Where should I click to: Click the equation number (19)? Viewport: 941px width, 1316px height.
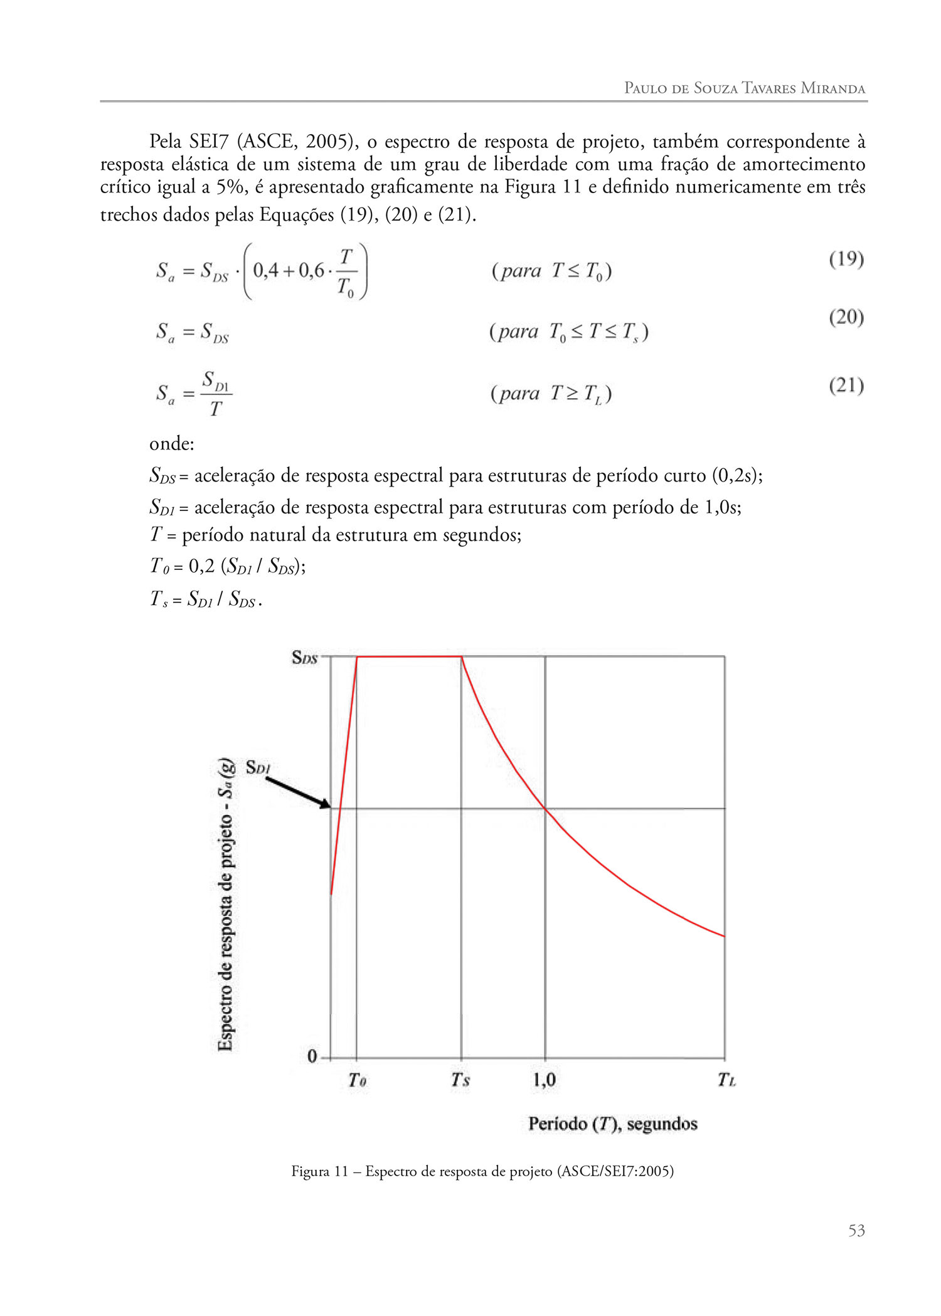coord(846,259)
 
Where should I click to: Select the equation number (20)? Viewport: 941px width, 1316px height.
coord(846,317)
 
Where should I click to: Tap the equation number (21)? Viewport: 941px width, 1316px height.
coord(846,385)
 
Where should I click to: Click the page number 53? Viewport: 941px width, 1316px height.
coord(856,1231)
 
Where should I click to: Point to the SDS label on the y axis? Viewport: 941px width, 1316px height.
coord(305,658)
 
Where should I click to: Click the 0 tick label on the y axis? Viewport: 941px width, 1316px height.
coord(312,1056)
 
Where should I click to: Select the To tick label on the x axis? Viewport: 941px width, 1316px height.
coord(357,1080)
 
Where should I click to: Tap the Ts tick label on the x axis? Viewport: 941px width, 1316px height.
coord(460,1080)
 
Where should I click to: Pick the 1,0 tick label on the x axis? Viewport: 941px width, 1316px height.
coord(545,1080)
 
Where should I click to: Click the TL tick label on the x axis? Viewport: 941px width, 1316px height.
coord(726,1080)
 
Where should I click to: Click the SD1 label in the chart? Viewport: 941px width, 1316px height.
coord(257,767)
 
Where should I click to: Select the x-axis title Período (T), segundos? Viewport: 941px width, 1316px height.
coord(613,1124)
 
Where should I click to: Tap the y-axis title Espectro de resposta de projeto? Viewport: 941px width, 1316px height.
coord(226,906)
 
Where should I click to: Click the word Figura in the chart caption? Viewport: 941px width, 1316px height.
coord(311,1171)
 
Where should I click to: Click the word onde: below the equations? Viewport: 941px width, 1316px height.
coord(172,444)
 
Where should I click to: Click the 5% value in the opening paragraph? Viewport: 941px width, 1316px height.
coord(231,187)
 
